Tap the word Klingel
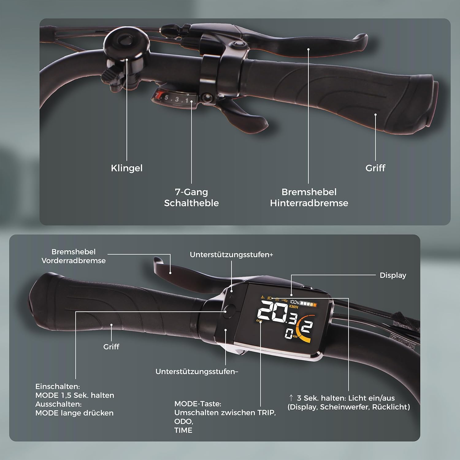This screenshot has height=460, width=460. [x=127, y=168]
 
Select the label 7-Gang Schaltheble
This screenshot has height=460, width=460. [x=191, y=197]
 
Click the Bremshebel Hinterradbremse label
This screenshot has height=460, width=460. [x=309, y=197]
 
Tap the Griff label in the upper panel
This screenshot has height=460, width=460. [x=375, y=168]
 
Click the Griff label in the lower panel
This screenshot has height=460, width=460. [x=111, y=347]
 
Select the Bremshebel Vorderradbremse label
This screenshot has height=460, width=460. [x=74, y=256]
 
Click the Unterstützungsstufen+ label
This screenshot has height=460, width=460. [x=231, y=255]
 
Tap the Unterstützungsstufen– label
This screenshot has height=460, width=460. [x=197, y=371]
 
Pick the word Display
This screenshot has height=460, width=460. [x=393, y=275]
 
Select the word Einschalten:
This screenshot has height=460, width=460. [x=57, y=386]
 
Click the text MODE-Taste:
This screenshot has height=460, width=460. [x=197, y=404]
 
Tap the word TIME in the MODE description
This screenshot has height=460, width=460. [x=183, y=430]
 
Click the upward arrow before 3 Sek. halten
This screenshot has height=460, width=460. [x=291, y=398]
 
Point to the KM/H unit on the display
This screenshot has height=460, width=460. [x=293, y=307]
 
